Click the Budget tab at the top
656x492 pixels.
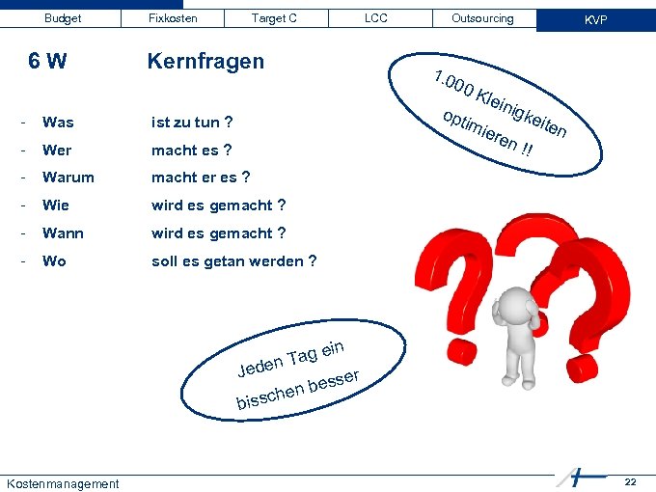point(63,18)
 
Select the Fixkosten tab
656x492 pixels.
point(173,18)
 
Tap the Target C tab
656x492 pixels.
point(274,18)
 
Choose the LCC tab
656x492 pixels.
point(376,18)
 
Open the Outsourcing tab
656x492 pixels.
point(482,18)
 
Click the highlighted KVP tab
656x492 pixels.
point(595,19)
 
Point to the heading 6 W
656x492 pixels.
point(47,62)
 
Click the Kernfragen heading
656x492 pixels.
point(205,62)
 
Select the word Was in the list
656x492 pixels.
point(58,123)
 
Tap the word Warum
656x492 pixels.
point(68,178)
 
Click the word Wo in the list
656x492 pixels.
point(54,261)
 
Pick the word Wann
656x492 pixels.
point(63,233)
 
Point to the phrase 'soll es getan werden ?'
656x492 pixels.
point(233,261)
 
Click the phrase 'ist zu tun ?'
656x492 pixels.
point(191,123)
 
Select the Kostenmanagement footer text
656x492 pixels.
point(62,483)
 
